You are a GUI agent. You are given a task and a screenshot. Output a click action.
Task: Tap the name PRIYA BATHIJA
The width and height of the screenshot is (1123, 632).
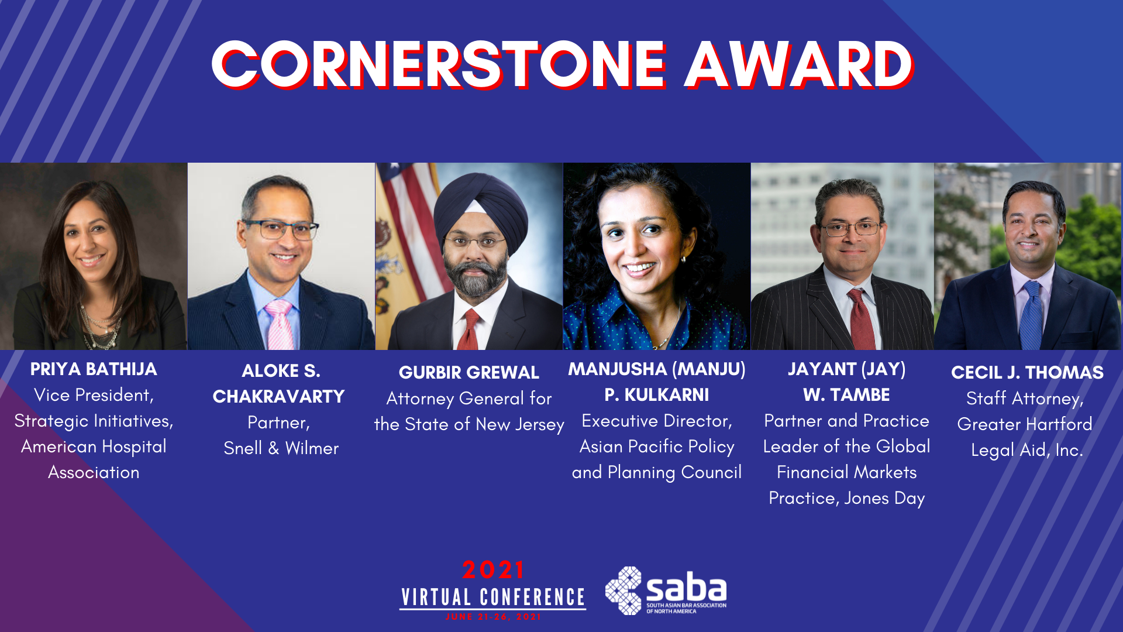94,369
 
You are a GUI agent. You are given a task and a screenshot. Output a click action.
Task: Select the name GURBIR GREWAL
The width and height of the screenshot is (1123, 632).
469,373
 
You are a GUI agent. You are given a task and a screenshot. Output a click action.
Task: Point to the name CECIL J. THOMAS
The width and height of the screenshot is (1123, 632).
1027,373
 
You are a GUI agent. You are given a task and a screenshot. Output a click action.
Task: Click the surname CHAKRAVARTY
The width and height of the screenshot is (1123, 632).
278,397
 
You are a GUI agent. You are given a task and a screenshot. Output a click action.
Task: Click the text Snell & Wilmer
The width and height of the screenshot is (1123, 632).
281,448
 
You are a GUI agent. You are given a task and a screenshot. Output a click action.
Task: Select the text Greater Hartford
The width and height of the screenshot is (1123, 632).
1025,424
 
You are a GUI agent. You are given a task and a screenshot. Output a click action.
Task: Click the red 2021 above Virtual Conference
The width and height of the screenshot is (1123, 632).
493,569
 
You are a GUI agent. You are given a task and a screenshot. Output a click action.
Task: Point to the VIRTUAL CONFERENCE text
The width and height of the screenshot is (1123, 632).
493,597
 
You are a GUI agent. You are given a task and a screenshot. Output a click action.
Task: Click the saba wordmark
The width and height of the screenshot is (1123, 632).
686,588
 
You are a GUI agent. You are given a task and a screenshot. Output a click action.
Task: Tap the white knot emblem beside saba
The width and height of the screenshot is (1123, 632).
623,590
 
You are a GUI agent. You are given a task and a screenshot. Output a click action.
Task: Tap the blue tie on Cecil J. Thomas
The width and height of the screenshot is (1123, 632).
1031,316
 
